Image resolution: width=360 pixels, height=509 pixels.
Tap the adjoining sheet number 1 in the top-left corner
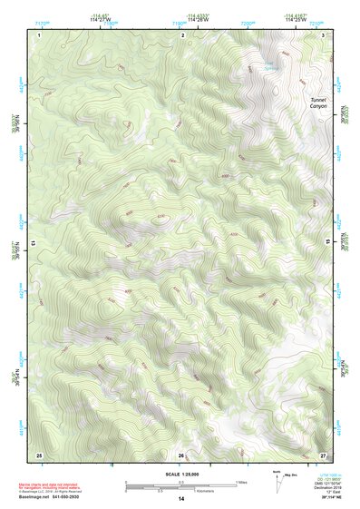click(40, 34)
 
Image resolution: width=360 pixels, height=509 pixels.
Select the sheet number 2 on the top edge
click(182, 34)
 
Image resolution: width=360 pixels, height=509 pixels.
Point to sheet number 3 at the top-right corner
click(324, 34)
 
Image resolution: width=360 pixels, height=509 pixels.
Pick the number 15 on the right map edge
click(327, 243)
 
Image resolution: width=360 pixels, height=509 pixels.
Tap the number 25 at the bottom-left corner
click(39, 454)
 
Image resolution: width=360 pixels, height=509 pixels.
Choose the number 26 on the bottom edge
click(181, 454)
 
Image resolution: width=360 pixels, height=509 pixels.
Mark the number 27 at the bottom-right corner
click(324, 454)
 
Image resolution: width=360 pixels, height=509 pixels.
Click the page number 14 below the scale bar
click(180, 499)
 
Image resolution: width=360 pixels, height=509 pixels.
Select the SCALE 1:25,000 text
click(180, 475)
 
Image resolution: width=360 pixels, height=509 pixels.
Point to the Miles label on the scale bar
click(240, 482)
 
